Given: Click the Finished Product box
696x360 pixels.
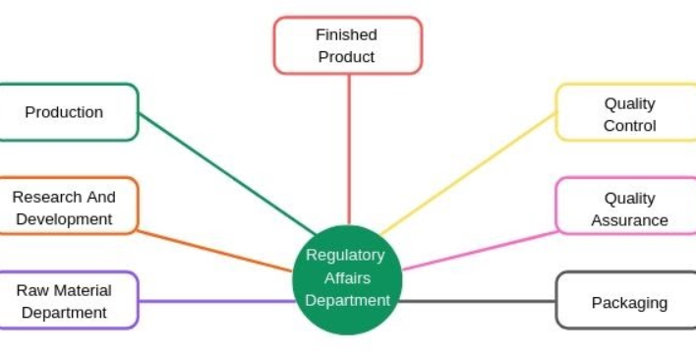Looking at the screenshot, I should pos(347,45).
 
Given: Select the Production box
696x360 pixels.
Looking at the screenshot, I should pos(65,112).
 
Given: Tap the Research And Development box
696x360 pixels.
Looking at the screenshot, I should pos(65,207).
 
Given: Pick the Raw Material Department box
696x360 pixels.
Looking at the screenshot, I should pos(65,301).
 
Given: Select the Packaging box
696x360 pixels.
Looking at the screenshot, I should pos(627,302).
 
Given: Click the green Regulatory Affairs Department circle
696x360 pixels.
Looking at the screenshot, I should pos(347,278).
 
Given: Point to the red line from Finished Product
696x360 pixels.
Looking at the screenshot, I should pos(348,148).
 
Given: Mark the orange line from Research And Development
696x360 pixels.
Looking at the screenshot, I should pos(216,250).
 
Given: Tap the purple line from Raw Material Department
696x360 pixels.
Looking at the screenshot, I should pos(216,300).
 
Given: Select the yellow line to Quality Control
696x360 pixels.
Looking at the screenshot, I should pos(472,171).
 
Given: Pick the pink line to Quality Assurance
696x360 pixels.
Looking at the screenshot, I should pos(482,250).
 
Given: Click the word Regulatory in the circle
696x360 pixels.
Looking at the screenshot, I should pos(346,255).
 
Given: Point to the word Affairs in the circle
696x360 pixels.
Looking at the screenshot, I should pos(347,278).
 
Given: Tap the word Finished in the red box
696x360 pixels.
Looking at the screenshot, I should pos(346,34).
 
